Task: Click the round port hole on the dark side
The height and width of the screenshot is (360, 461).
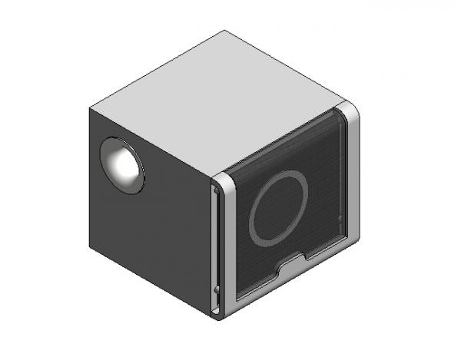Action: [x=122, y=164]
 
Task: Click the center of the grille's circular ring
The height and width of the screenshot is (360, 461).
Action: [x=278, y=210]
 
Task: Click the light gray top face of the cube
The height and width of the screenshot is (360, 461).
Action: [x=223, y=100]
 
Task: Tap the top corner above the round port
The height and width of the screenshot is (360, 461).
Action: [x=89, y=107]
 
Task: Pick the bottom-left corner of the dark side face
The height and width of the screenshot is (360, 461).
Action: [x=90, y=249]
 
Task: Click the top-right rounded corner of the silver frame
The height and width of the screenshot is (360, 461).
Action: [x=350, y=111]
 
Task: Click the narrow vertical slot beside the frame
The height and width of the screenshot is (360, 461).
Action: [x=214, y=246]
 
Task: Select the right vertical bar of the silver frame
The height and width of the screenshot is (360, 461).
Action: [x=353, y=177]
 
